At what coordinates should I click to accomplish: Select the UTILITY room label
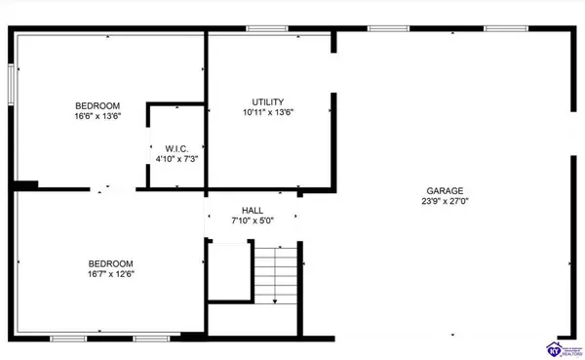[x=267, y=101]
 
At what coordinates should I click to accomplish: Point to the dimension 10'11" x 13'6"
[x=267, y=113]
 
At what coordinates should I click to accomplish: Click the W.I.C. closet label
[x=176, y=149]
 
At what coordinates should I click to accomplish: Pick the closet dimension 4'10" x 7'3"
[x=176, y=160]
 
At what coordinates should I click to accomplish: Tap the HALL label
[x=253, y=210]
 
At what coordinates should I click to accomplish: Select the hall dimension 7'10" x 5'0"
[x=253, y=220]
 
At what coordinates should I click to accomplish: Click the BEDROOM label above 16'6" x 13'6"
[x=97, y=105]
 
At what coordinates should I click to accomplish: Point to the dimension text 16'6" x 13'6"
[x=97, y=116]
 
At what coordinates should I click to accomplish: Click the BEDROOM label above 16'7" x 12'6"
[x=111, y=263]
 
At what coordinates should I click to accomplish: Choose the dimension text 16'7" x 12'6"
[x=111, y=274]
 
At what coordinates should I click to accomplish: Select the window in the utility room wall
[x=260, y=29]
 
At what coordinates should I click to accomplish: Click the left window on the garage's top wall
[x=381, y=28]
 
